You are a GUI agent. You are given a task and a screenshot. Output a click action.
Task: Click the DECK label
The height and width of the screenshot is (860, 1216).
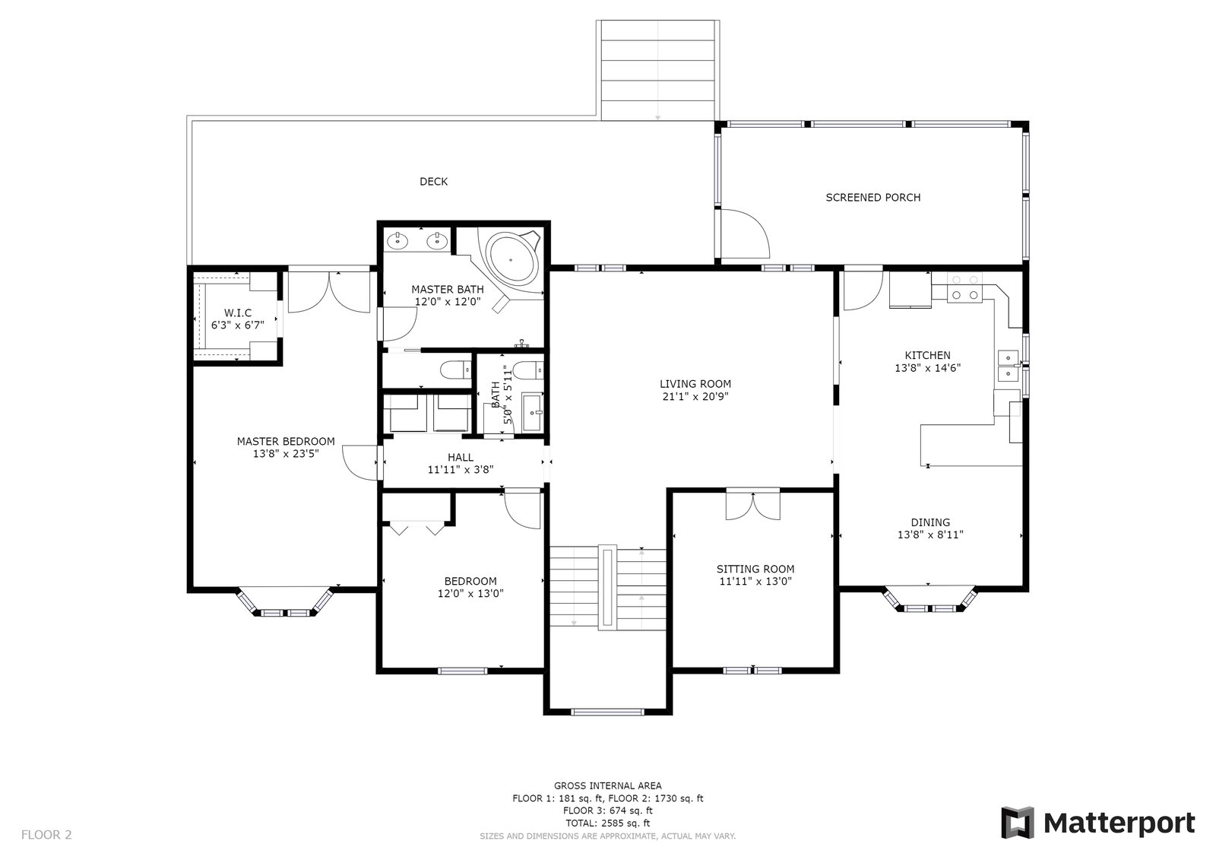[x=433, y=182]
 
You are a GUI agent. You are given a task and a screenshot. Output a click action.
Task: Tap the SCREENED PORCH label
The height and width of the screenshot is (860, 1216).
[x=873, y=198]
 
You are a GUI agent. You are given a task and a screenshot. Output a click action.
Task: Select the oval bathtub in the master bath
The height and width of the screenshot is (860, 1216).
[x=512, y=260]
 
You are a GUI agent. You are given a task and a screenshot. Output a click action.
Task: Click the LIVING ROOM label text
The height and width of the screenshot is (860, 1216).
[x=695, y=384]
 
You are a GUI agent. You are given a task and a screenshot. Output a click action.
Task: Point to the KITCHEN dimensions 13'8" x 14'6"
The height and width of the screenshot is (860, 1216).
[x=928, y=368]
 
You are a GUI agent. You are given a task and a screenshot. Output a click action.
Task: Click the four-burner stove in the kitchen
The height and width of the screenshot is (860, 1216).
[x=965, y=288]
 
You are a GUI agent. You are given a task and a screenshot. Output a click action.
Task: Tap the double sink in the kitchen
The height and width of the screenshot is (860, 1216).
[x=1009, y=366]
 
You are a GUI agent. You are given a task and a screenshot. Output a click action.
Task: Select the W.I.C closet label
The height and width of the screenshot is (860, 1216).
[x=238, y=313]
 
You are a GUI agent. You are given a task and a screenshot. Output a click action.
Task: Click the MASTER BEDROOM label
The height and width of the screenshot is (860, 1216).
[x=286, y=441]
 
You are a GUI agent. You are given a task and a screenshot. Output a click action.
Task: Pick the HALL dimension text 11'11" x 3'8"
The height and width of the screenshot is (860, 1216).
[x=461, y=470]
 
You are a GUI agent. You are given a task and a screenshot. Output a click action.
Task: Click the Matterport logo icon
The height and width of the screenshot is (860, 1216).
[x=1018, y=823]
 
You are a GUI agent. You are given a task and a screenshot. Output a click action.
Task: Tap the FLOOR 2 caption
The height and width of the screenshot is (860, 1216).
[x=46, y=834]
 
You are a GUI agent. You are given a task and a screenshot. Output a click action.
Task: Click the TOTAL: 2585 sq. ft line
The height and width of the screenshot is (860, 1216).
[x=607, y=823]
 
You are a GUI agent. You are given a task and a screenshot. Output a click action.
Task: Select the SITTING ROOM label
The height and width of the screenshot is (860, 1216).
[x=755, y=569]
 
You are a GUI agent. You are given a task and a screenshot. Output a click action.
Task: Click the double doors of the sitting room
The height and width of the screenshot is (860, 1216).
[x=753, y=506]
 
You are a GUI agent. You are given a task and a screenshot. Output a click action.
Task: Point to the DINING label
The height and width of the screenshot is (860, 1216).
[x=930, y=522]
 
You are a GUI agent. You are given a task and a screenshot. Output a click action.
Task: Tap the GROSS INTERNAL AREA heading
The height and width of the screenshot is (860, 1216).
[x=607, y=785]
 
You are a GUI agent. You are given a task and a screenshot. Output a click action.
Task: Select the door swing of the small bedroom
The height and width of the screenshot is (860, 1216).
[x=523, y=509]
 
